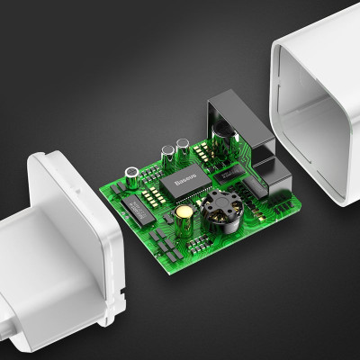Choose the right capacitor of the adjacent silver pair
[183, 147]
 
